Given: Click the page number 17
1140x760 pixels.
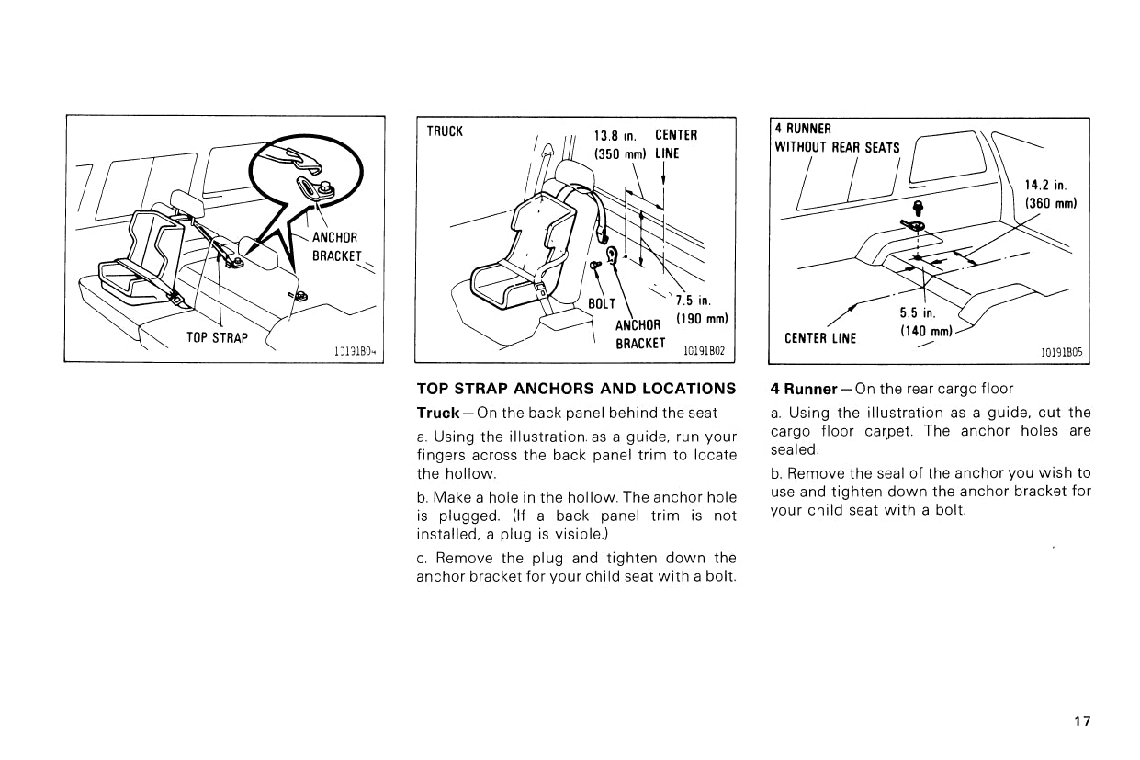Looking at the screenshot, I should [x=1082, y=721].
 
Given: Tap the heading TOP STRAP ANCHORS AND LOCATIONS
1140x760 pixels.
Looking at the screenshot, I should [x=576, y=388].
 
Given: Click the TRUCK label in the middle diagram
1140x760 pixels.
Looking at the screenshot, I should [x=445, y=131].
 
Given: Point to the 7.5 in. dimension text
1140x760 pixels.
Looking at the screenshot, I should [x=694, y=301].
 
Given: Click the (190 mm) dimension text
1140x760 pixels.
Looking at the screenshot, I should [x=701, y=320].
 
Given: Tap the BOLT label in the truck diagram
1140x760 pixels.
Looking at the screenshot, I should [x=602, y=303].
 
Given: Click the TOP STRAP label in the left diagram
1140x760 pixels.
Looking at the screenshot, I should [x=217, y=337].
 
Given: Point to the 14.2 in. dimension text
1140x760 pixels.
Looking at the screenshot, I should [x=1044, y=184].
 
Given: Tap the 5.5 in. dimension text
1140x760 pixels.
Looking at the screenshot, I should [x=917, y=312].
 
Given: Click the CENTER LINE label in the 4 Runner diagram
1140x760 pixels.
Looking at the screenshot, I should [x=819, y=337].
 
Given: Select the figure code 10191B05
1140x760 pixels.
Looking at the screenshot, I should [x=1061, y=351].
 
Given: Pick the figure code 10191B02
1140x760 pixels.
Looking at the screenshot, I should [x=704, y=350].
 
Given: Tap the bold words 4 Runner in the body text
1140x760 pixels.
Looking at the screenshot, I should [x=804, y=388].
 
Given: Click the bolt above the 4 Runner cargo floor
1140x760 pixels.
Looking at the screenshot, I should [x=916, y=208].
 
